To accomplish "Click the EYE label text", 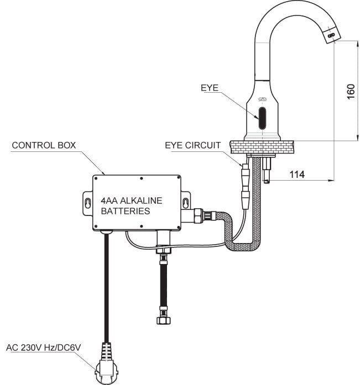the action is pos(210,88).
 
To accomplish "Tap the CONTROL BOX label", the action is pos(44,145).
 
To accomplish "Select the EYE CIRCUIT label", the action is pos(193,145).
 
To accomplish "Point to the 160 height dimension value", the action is pos(351,92).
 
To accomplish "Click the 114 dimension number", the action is pos(297,175).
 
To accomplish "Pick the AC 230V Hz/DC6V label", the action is pos(44,347).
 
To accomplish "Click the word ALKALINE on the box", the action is pos(141,201).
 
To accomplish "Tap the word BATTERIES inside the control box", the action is pos(126,211).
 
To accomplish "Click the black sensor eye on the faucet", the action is pos(262,118).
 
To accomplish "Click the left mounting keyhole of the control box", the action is pos(88,203).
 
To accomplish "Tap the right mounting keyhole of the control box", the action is pos(185,203).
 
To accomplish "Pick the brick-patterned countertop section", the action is pos(262,147).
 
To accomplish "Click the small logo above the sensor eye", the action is pos(262,99).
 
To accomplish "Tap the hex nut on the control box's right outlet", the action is pos(198,215).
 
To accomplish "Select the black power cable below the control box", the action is pos(106,287).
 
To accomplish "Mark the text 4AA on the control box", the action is pos(109,201).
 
